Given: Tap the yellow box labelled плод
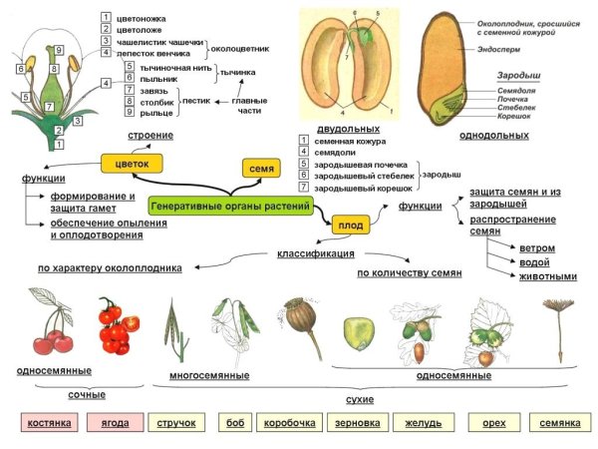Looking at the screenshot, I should coord(348,225).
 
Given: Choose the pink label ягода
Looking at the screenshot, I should coord(115,423).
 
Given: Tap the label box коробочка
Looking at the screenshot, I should coord(289,423).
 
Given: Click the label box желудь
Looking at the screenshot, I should coord(424,423).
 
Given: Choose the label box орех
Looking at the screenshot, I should coord(493,423).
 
